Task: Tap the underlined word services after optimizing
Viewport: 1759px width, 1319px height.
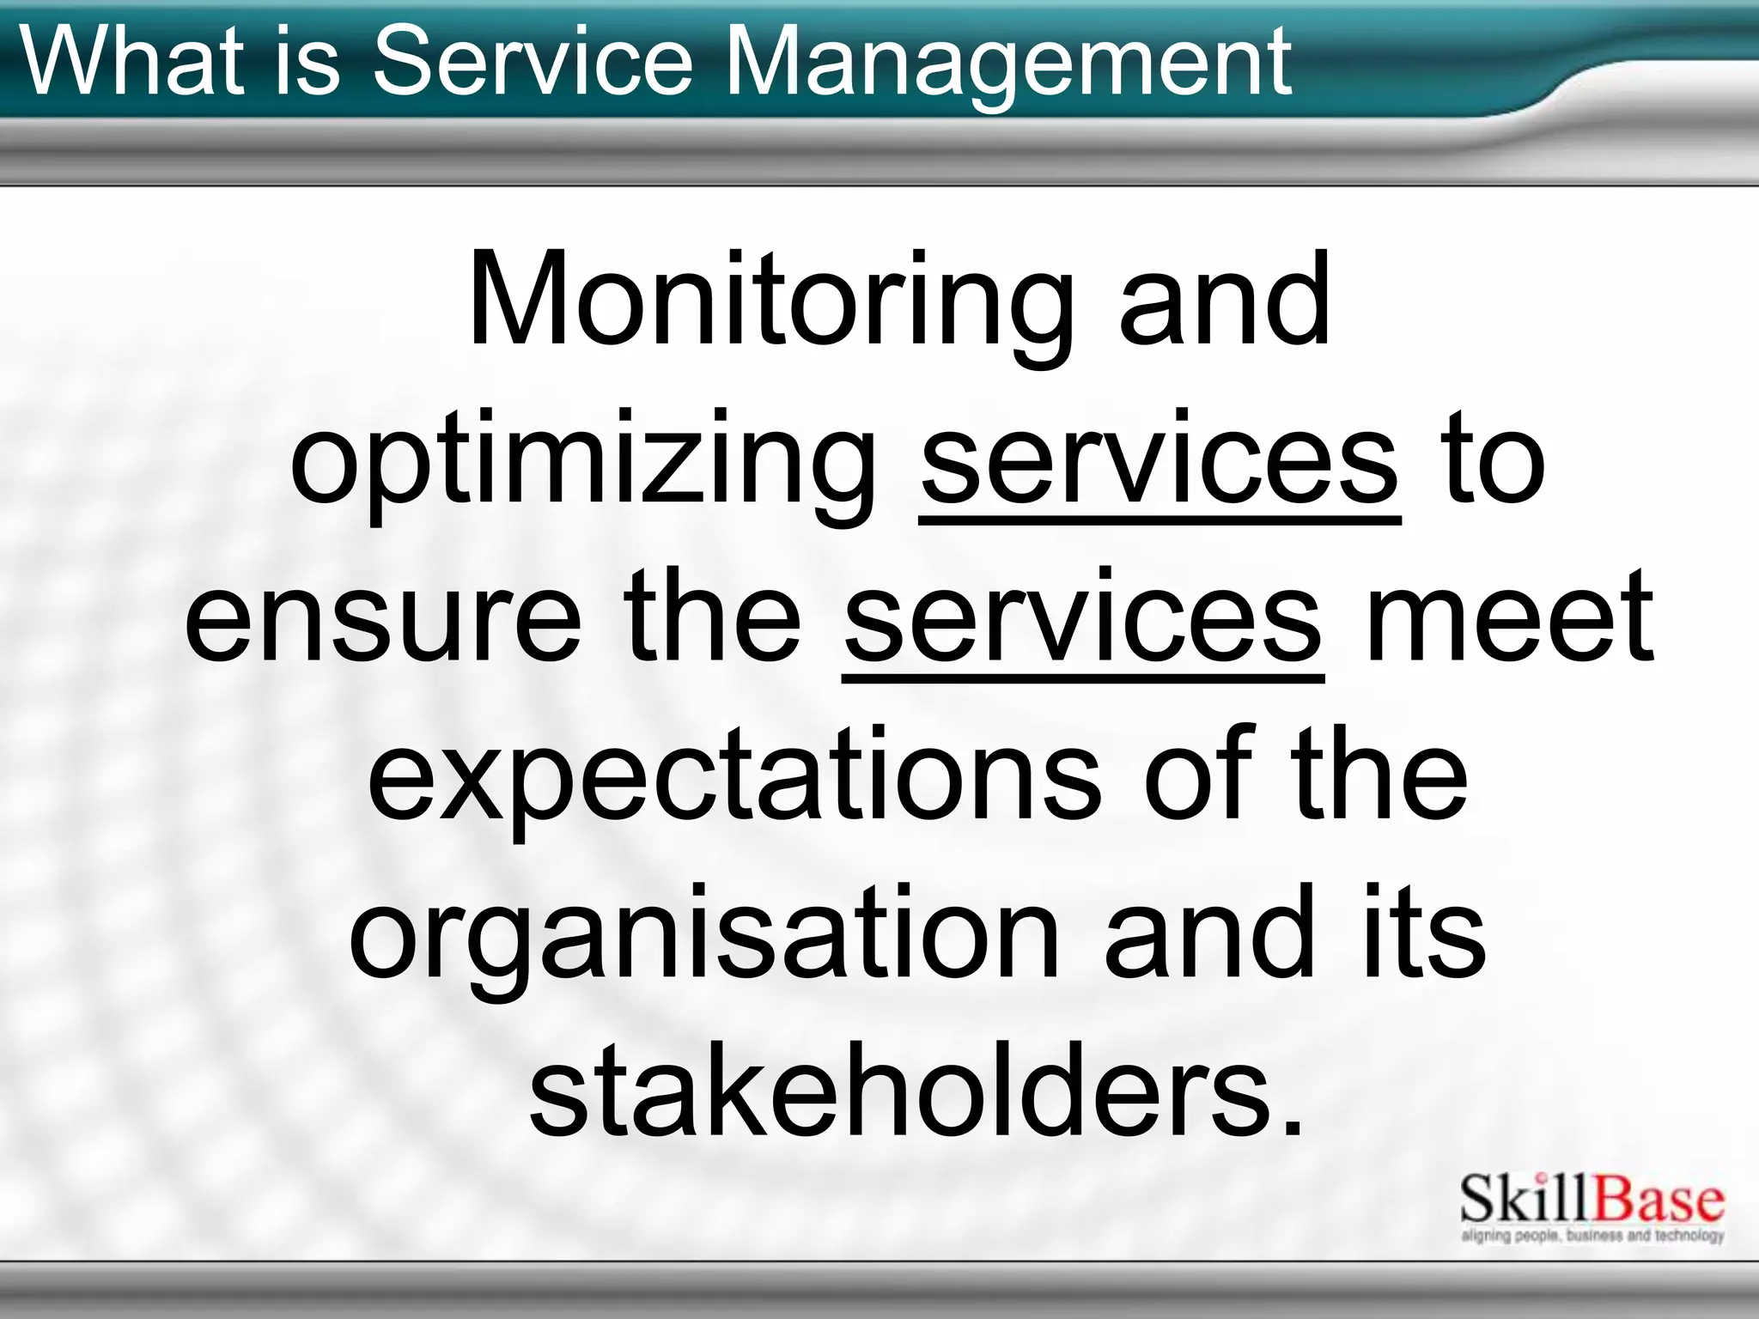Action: [x=1159, y=459]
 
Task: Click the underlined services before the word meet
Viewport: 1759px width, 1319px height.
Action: [x=1082, y=617]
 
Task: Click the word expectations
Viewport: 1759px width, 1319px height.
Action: [x=734, y=775]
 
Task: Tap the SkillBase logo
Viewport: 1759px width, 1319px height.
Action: [x=1592, y=1200]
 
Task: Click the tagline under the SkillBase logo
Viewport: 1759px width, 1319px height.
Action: [x=1592, y=1236]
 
